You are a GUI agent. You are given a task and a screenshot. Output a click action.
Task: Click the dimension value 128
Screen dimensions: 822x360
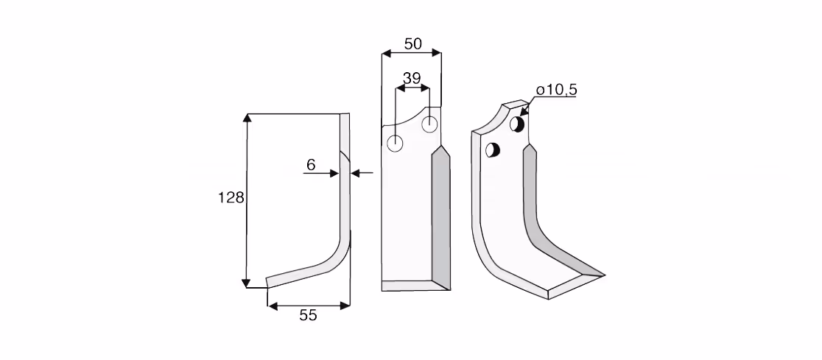[231, 197]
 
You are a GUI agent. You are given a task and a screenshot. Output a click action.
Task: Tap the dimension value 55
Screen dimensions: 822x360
[308, 315]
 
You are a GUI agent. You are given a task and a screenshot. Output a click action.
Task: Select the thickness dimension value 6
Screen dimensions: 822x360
[311, 165]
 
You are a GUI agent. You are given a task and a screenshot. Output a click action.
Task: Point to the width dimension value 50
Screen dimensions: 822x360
[413, 44]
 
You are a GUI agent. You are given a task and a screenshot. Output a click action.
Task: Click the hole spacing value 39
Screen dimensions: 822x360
[412, 79]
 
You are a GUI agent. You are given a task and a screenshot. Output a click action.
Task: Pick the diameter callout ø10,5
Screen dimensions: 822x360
[557, 90]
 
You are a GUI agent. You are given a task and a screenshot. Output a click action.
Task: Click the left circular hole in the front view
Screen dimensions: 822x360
[395, 143]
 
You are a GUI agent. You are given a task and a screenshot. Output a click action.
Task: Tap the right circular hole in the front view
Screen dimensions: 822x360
[429, 124]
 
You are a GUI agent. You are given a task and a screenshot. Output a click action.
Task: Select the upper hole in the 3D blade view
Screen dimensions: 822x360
[517, 124]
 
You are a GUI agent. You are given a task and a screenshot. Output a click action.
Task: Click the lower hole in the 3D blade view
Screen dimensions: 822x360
[493, 150]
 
